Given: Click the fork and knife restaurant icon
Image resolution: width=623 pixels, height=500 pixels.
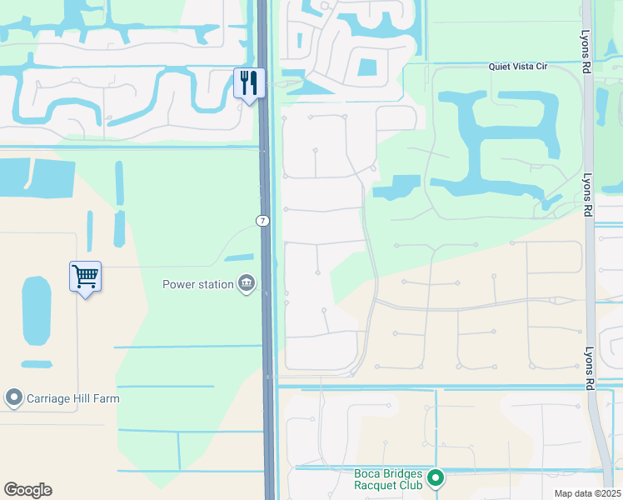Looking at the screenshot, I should click(249, 83).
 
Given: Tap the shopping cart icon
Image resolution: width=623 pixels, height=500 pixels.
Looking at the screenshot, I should click(86, 276).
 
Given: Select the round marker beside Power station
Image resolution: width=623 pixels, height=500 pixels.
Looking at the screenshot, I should click(246, 284).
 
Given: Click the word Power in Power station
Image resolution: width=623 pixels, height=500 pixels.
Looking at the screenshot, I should click(180, 284).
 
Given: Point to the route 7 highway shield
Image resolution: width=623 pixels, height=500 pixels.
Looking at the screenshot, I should click(262, 220).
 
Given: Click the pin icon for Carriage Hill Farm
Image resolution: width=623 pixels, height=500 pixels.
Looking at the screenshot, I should click(13, 398).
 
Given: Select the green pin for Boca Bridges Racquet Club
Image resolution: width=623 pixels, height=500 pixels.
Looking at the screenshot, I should click(435, 478).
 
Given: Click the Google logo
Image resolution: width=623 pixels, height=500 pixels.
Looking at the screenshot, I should click(27, 490).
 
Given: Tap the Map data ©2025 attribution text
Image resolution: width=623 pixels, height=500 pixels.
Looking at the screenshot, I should click(587, 493).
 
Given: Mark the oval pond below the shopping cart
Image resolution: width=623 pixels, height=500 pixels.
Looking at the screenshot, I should click(36, 310).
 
